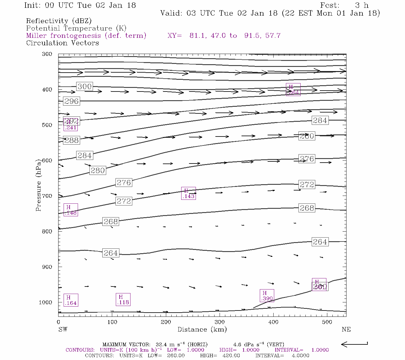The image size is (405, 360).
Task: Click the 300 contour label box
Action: [84, 86]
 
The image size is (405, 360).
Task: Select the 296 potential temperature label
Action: [71, 101]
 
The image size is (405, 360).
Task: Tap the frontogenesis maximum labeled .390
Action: [267, 295]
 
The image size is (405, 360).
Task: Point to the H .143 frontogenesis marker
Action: [188, 193]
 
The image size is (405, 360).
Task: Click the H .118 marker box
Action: [123, 299]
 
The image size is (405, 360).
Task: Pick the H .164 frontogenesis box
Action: [71, 300]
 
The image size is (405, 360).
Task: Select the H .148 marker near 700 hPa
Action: [71, 210]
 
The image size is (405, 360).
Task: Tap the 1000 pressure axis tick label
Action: [45, 302]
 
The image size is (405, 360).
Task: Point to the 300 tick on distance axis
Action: [220, 322]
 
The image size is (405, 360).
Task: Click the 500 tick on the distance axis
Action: [327, 322]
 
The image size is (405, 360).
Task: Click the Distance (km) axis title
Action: [202, 329]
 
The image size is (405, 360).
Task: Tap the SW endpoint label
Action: [63, 329]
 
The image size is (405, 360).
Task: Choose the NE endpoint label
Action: [346, 329]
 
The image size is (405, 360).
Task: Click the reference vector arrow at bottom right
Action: [354, 344]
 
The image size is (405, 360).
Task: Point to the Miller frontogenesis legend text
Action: [86, 36]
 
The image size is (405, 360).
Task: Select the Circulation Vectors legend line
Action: [62, 43]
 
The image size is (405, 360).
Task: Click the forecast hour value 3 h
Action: [361, 5]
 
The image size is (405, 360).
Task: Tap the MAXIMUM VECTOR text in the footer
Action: [126, 344]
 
